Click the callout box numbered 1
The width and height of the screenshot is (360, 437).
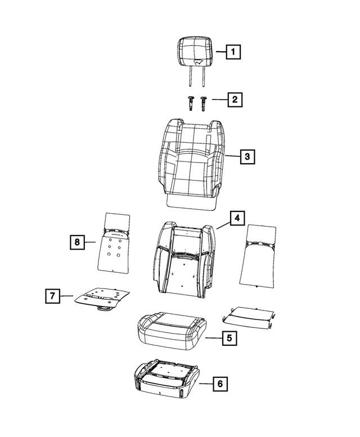click(233, 52)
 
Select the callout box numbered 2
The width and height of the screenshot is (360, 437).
click(235, 100)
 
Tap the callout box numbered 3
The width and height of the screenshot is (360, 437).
click(247, 156)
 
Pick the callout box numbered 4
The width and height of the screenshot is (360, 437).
click(237, 218)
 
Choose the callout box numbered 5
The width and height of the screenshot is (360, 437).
click(229, 338)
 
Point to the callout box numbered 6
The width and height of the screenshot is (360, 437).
click(220, 384)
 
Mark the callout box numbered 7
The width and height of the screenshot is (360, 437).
click(53, 296)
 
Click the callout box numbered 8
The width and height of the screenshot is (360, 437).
click(77, 242)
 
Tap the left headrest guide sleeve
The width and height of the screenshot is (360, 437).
click(191, 103)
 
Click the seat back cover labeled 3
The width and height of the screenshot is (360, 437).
click(192, 164)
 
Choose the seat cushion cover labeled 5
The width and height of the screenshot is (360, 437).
click(172, 331)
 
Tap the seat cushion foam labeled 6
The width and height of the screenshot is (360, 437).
click(166, 377)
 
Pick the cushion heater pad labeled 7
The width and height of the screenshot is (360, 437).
click(102, 299)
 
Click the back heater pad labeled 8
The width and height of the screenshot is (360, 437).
click(114, 242)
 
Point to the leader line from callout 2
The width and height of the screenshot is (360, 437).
click(219, 100)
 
